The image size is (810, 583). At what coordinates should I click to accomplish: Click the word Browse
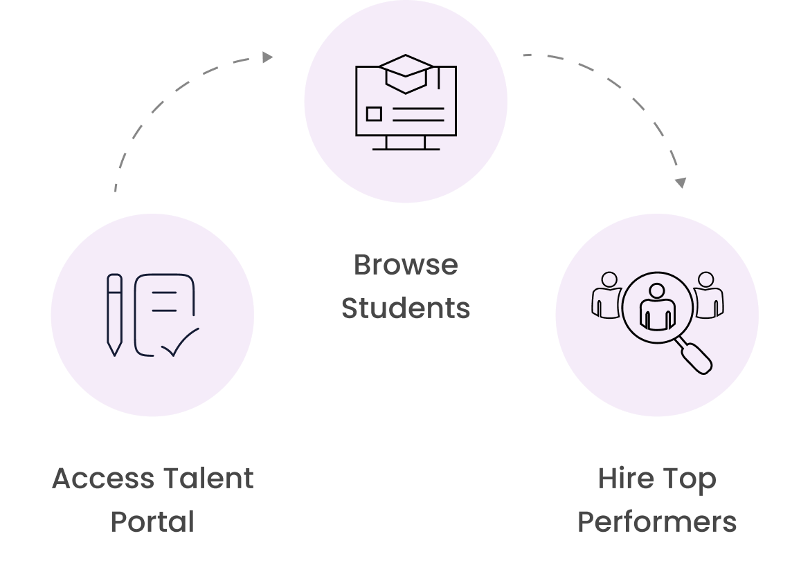click(x=406, y=265)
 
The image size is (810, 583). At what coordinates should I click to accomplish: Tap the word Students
click(x=406, y=308)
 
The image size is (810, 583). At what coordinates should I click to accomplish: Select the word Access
click(x=103, y=479)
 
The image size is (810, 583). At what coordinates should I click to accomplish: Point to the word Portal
click(x=152, y=521)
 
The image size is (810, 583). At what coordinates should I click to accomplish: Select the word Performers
click(x=657, y=521)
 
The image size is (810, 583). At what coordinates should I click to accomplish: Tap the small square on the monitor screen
click(x=374, y=114)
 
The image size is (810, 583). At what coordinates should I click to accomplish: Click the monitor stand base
click(x=406, y=147)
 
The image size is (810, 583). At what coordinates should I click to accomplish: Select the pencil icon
click(x=114, y=315)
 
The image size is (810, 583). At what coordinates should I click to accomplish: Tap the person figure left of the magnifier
click(x=607, y=296)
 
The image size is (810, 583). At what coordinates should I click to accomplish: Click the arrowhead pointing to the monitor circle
click(x=268, y=57)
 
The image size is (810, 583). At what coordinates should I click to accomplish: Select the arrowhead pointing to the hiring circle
click(x=681, y=183)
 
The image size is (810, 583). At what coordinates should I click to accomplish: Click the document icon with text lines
click(x=165, y=311)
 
